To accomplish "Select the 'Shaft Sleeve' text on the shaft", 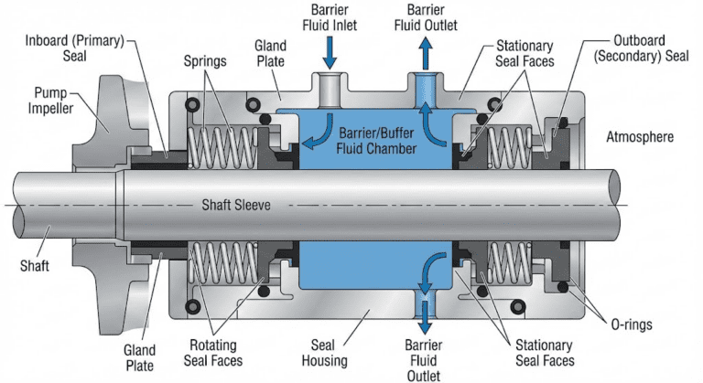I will tap(236, 205).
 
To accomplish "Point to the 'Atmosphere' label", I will tap(640, 137).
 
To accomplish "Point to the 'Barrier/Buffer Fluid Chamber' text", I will tap(366, 139).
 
